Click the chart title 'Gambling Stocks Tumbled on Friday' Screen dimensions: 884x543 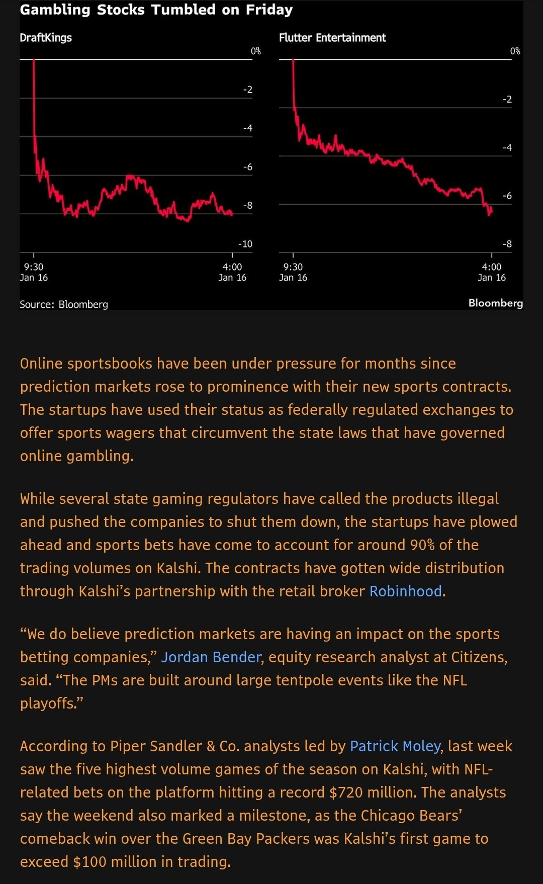click(x=156, y=10)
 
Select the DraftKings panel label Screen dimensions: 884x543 click(x=46, y=38)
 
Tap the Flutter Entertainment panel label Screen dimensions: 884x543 click(x=332, y=38)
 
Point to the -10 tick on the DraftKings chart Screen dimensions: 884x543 click(x=245, y=244)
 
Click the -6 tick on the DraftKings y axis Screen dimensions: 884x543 click(x=248, y=167)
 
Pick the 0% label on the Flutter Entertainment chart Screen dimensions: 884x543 click(x=515, y=51)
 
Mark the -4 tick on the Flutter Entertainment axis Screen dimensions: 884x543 click(x=507, y=147)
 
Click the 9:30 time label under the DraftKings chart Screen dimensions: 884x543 click(x=34, y=267)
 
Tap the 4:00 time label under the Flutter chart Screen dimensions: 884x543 click(x=492, y=267)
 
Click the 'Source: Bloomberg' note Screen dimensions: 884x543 click(x=64, y=304)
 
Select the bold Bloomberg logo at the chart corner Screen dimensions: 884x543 click(x=496, y=303)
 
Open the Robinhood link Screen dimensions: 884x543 click(x=406, y=591)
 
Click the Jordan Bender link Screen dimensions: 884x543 click(x=211, y=657)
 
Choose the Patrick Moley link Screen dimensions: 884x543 click(x=395, y=746)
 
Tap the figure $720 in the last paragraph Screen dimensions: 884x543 click(x=346, y=792)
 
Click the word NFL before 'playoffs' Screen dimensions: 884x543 click(x=455, y=680)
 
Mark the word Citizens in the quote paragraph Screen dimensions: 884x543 click(x=478, y=657)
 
